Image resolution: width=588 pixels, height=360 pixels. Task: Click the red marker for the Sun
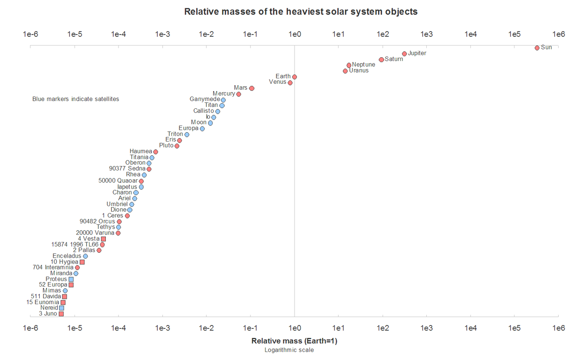coord(537,48)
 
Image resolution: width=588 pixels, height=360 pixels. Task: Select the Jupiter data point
coord(404,54)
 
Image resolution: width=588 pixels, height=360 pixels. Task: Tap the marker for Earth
coord(294,77)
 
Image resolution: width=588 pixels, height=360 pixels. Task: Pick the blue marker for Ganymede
coord(223,100)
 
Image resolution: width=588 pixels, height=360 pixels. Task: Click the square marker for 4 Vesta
coord(103,239)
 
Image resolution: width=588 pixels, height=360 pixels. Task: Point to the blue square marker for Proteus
coord(71,279)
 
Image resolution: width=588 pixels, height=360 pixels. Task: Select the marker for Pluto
coord(177,146)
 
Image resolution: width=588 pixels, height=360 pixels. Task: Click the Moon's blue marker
coord(210,123)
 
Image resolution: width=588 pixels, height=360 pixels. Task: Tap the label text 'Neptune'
coord(364,65)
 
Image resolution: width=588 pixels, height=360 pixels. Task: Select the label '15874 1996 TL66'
coord(75,244)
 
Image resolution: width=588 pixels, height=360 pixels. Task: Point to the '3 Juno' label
coord(48,313)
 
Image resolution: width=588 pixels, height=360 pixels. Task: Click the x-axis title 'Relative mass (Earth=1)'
coord(294,341)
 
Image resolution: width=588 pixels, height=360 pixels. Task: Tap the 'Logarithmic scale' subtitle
coord(289,350)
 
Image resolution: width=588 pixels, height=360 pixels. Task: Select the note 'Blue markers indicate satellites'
coord(75,99)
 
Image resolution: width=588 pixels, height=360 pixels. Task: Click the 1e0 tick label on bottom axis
coord(294,328)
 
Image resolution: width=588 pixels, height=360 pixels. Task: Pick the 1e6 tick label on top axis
coord(559,34)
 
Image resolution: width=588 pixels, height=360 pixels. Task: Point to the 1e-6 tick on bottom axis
coord(31,328)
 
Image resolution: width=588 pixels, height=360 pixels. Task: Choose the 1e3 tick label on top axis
coord(426,34)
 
